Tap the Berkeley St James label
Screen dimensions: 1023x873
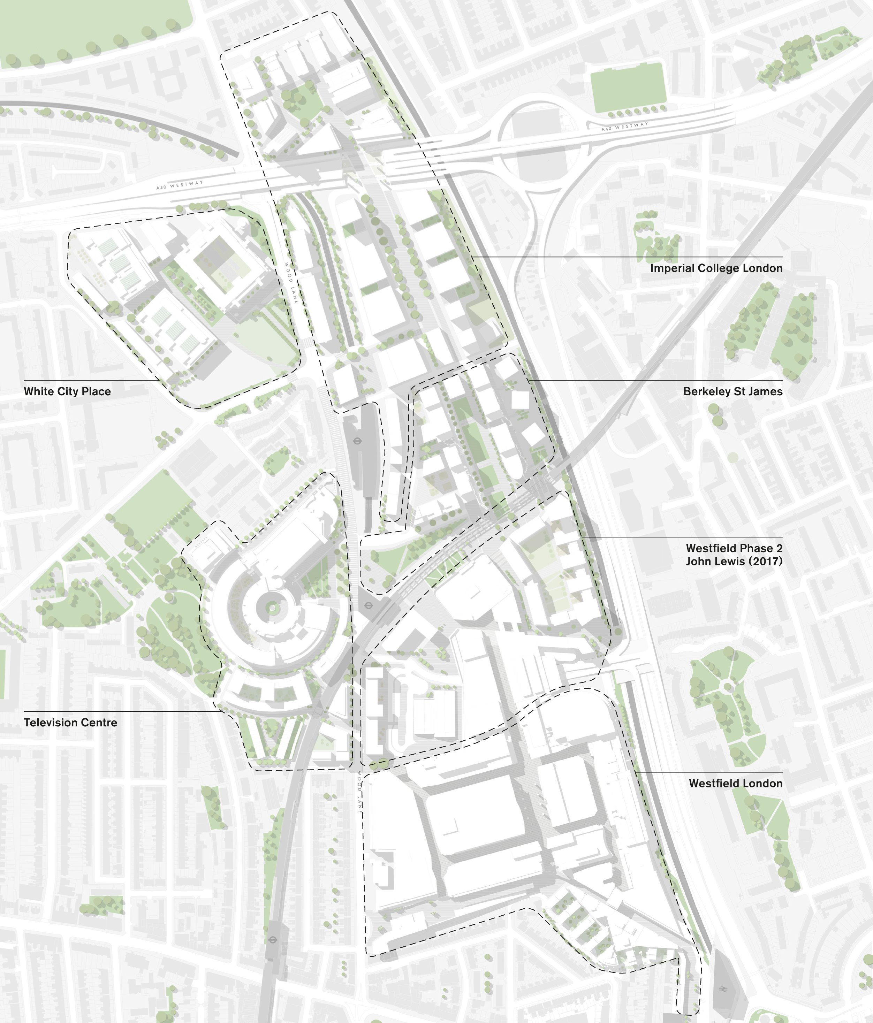pyautogui.click(x=733, y=391)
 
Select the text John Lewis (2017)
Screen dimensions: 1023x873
pyautogui.click(x=734, y=561)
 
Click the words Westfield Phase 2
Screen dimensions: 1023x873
pyautogui.click(x=734, y=548)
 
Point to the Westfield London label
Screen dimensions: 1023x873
pyautogui.click(x=735, y=783)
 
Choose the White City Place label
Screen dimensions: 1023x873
pyautogui.click(x=67, y=391)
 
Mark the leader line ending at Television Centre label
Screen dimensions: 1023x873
pyautogui.click(x=123, y=711)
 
